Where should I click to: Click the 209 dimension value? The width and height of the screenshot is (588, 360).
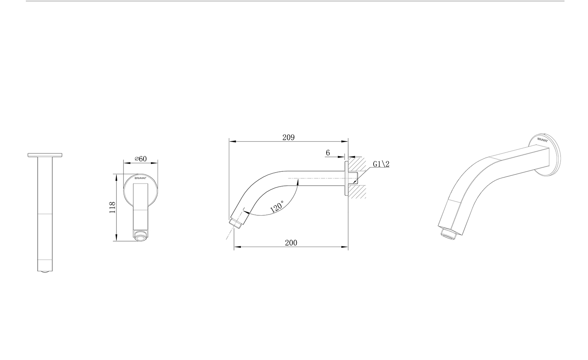288,137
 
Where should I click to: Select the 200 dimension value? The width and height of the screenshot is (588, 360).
291,243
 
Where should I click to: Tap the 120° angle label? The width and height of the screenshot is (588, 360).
277,207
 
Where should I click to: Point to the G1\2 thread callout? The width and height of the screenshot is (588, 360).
381,164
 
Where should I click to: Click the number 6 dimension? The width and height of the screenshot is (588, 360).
328,152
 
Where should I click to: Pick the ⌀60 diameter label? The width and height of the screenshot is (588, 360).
140,158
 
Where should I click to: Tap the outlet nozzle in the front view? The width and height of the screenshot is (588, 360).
140,236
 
